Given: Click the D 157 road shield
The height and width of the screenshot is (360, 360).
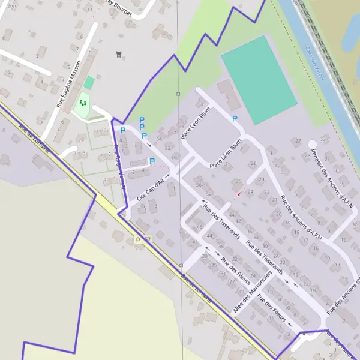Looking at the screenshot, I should pyautogui.click(x=142, y=239).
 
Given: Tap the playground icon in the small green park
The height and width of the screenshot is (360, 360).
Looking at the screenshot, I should pyautogui.click(x=83, y=103).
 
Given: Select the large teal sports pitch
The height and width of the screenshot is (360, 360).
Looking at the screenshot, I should pyautogui.click(x=259, y=79).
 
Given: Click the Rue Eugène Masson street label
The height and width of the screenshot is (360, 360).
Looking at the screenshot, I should pyautogui.click(x=69, y=83).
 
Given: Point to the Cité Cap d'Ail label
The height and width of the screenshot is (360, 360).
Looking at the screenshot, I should pyautogui.click(x=150, y=187).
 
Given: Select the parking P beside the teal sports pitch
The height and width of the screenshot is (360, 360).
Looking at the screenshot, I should pyautogui.click(x=235, y=119).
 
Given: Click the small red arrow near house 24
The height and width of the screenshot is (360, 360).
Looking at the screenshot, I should pyautogui.click(x=240, y=193).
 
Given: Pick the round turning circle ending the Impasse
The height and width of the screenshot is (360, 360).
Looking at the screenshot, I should pyautogui.click(x=311, y=145).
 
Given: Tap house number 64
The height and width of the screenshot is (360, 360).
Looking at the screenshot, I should pyautogui.click(x=159, y=139).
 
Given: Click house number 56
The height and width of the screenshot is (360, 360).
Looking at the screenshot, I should pyautogui.click(x=199, y=185).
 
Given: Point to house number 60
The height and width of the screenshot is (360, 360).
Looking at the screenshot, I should pyautogui.click(x=173, y=157).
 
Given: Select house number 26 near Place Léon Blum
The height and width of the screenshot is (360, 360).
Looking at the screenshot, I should pyautogui.click(x=253, y=164).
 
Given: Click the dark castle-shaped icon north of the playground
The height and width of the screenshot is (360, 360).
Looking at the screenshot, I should pyautogui.click(x=119, y=55).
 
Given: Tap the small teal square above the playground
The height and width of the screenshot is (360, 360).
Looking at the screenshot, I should pyautogui.click(x=89, y=83).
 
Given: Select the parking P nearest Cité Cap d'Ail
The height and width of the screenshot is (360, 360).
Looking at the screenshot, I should pyautogui.click(x=152, y=161).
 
